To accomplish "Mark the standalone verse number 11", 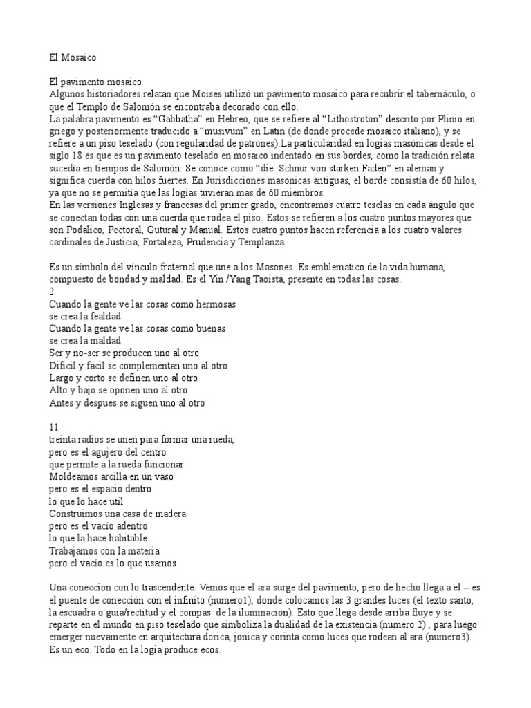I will [x=55, y=426].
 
